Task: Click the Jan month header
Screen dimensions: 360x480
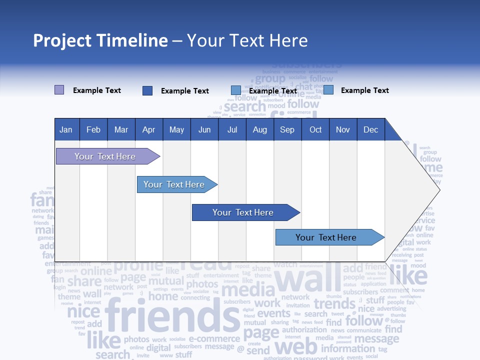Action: [x=66, y=130]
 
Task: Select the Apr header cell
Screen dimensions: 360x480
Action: [x=149, y=130]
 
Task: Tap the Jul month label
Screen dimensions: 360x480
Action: [x=232, y=130]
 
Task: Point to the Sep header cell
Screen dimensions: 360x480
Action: [x=287, y=130]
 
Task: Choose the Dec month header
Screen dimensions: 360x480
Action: [x=370, y=130]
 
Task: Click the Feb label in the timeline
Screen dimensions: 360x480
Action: [x=93, y=130]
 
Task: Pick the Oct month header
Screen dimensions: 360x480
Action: [x=315, y=130]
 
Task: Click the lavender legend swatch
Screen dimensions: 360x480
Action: [x=59, y=90]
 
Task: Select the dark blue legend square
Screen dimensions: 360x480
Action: [x=147, y=90]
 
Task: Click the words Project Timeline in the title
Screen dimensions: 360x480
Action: [x=100, y=40]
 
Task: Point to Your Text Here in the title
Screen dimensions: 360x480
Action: [x=247, y=40]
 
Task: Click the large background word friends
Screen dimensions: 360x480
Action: [x=172, y=317]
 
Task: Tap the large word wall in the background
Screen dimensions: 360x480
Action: [x=307, y=280]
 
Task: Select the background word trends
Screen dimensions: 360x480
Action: [x=334, y=303]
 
